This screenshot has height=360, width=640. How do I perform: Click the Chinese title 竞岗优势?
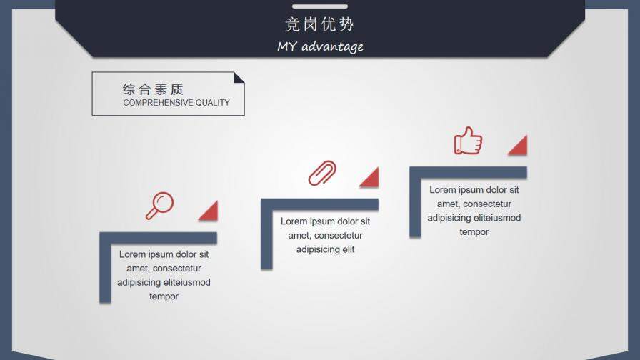click(319, 24)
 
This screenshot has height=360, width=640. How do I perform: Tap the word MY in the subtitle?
click(286, 47)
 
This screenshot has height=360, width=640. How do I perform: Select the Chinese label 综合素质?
click(153, 89)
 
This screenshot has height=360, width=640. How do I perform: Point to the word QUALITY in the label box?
click(213, 103)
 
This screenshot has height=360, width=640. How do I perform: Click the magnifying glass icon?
click(160, 205)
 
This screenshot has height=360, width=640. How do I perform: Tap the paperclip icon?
click(322, 173)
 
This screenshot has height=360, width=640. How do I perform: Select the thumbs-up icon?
click(468, 141)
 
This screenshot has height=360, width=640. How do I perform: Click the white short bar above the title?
click(319, 6)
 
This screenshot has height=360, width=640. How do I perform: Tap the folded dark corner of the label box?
click(239, 76)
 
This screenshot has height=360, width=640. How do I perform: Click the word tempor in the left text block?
click(164, 296)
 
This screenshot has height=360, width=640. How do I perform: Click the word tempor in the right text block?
click(474, 232)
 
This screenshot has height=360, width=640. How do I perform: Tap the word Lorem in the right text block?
click(442, 190)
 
